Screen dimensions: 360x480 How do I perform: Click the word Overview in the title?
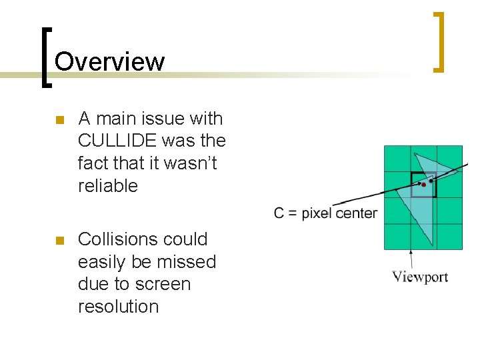pos(109,61)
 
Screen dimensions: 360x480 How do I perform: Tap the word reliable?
pos(107,186)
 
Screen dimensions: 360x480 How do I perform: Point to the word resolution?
pos(119,307)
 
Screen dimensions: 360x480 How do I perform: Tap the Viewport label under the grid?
pos(420,277)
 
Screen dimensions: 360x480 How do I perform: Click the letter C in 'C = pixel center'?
pos(279,213)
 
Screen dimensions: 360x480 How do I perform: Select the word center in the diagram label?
pos(357,214)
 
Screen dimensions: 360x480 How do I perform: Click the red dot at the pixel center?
pos(423,185)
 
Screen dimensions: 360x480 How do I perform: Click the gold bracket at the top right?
pos(439,41)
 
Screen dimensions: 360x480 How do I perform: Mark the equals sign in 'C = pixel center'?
pos(292,214)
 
